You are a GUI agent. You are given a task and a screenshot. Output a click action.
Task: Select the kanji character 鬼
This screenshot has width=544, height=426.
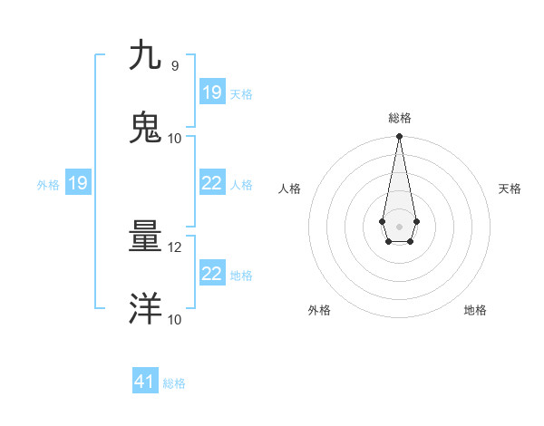click(145, 128)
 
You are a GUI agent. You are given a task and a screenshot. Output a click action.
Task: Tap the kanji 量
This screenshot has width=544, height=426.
click(145, 237)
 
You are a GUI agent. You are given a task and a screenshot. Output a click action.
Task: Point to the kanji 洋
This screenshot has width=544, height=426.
click(145, 309)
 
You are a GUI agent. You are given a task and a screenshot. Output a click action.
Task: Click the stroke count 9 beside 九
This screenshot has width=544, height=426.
click(175, 66)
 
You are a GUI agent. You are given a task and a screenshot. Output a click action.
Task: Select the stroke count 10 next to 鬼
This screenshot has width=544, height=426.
click(175, 139)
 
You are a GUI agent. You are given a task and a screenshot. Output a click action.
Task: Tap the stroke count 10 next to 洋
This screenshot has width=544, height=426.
click(175, 320)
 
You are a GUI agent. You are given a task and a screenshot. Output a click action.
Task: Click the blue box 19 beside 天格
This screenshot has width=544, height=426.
click(212, 92)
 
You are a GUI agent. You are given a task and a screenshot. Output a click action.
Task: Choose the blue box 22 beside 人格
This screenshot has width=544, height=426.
click(212, 183)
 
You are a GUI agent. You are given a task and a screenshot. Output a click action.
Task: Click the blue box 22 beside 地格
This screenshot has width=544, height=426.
click(212, 274)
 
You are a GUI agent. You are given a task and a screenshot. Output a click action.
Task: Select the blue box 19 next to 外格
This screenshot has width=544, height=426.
click(78, 183)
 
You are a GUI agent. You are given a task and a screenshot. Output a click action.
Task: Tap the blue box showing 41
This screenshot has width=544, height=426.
click(145, 382)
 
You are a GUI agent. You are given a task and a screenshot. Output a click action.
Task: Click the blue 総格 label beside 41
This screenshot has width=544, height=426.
click(174, 383)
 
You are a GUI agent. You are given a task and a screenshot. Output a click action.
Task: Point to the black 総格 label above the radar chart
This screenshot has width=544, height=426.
click(400, 119)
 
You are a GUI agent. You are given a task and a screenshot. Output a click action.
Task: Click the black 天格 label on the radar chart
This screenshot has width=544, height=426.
click(510, 189)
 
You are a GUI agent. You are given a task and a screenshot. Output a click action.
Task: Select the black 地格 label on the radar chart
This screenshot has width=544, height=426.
click(475, 311)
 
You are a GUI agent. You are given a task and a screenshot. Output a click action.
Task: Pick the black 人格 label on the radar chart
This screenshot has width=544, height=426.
click(289, 189)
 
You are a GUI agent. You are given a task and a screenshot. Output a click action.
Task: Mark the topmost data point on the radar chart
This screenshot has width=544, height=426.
click(399, 136)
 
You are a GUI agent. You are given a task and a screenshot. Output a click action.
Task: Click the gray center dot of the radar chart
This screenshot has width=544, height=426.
click(399, 225)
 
